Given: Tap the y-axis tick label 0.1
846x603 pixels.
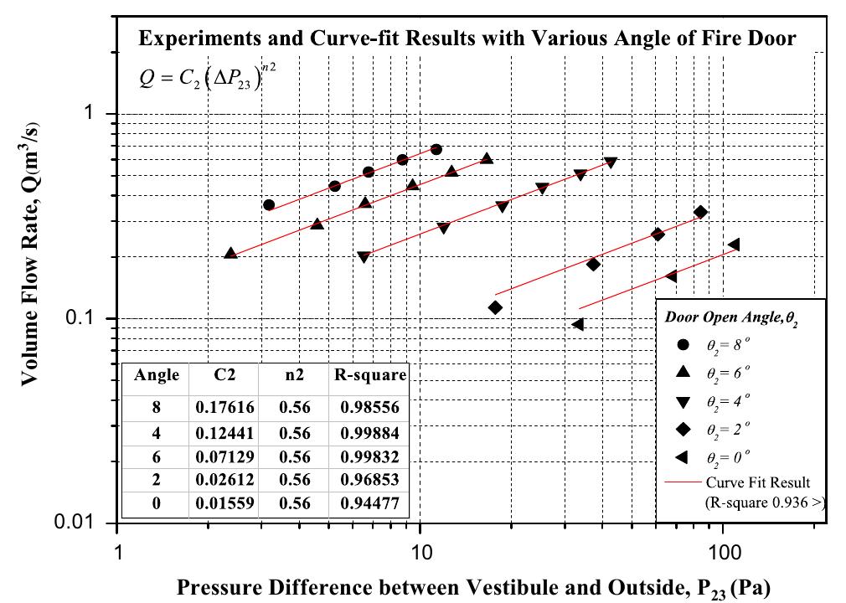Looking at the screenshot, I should [x=85, y=319].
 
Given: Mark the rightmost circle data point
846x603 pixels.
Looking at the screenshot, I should [x=436, y=149].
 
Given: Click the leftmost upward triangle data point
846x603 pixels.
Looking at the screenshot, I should [x=231, y=252].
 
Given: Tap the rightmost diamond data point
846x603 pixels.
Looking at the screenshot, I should [x=701, y=213].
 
